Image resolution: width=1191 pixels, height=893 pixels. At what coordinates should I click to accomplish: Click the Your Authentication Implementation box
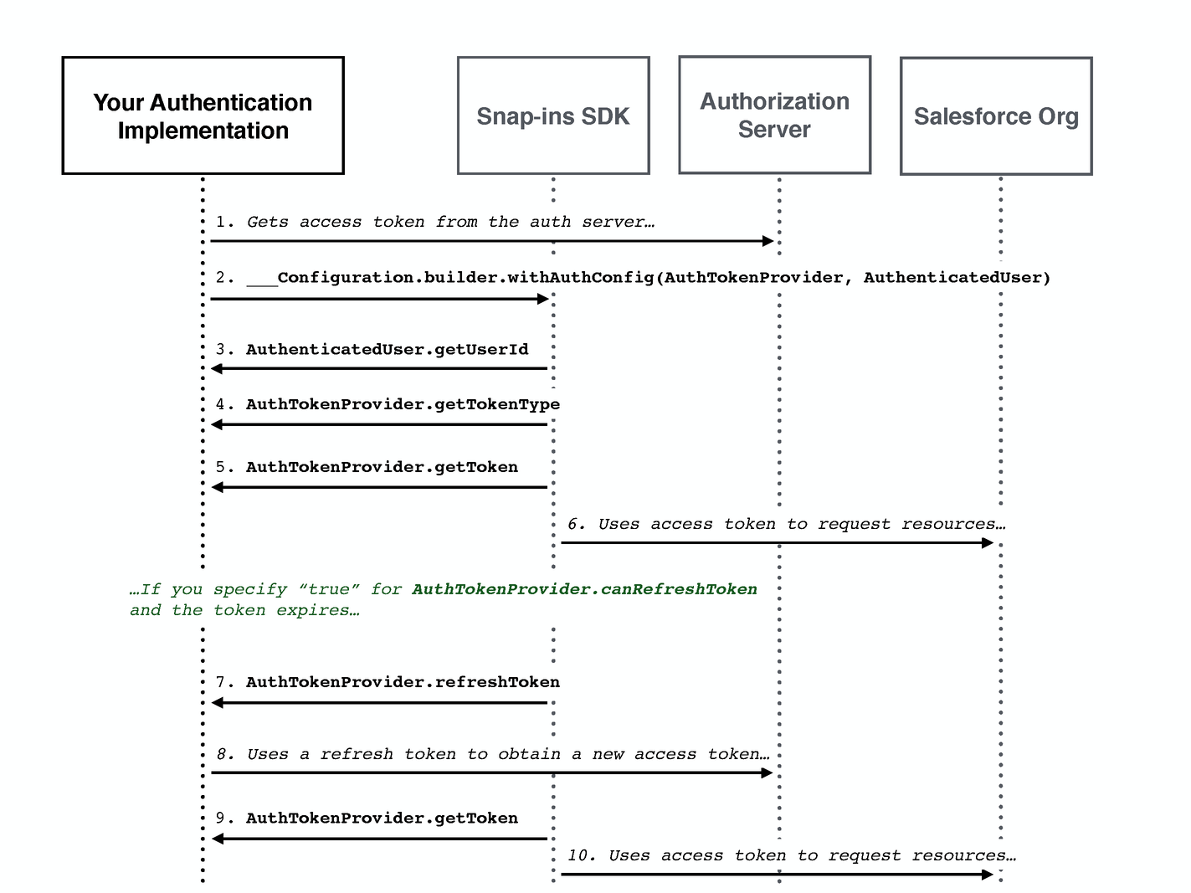point(203,115)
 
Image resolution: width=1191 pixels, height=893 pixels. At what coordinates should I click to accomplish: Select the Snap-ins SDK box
point(553,115)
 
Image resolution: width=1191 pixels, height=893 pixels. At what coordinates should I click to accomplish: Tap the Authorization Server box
point(774,115)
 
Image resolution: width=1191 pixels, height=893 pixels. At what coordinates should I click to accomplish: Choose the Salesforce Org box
point(996,115)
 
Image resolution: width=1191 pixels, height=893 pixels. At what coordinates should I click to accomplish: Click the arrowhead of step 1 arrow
point(768,241)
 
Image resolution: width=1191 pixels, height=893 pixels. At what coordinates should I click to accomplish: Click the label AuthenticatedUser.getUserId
point(387,349)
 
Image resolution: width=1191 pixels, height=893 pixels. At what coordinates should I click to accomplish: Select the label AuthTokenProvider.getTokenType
point(403,404)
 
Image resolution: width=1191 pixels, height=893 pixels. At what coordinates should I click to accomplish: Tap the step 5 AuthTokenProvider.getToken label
point(382,467)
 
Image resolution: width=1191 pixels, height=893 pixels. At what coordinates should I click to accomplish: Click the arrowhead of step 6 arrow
point(988,542)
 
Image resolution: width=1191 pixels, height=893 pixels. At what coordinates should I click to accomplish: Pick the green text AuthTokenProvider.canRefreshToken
point(584,589)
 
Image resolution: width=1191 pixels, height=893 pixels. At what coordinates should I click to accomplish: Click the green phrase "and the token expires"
point(244,610)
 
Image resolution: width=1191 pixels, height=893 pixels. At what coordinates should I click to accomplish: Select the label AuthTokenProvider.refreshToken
point(403,682)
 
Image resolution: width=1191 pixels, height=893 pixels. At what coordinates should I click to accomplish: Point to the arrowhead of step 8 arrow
point(767,772)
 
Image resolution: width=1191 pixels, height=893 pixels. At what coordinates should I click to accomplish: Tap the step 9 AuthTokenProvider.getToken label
point(382,818)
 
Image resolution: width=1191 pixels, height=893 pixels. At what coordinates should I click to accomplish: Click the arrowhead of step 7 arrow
point(217,703)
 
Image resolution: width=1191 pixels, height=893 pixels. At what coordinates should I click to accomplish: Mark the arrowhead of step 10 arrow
point(988,875)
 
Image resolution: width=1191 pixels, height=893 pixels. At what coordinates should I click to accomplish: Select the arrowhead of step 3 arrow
point(217,368)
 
